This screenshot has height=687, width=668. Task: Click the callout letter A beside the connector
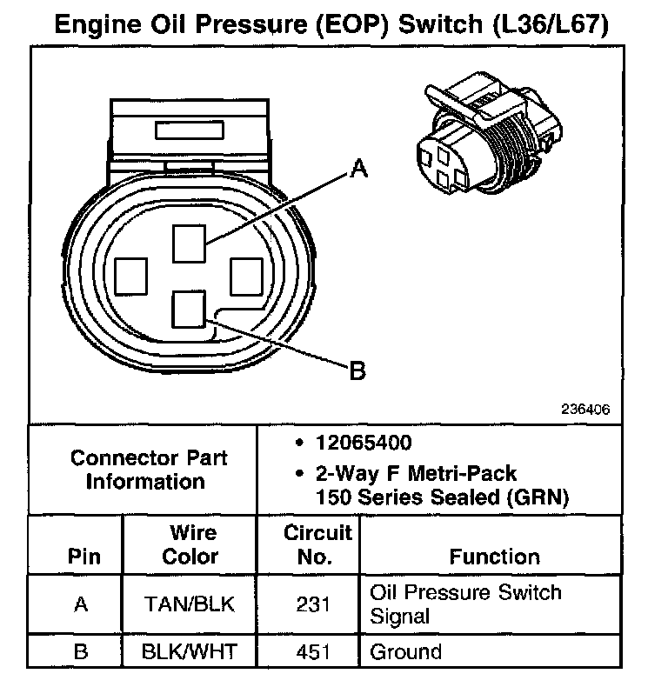(x=357, y=170)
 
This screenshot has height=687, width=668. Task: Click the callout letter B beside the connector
(x=357, y=372)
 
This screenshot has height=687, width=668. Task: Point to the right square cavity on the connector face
(x=245, y=277)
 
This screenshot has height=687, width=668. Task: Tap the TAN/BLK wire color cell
(x=190, y=604)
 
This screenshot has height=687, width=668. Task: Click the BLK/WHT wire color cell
(x=190, y=651)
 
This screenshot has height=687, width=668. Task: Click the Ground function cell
(x=405, y=651)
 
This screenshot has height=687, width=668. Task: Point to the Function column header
(x=494, y=557)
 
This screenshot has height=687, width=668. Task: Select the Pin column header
(x=83, y=557)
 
